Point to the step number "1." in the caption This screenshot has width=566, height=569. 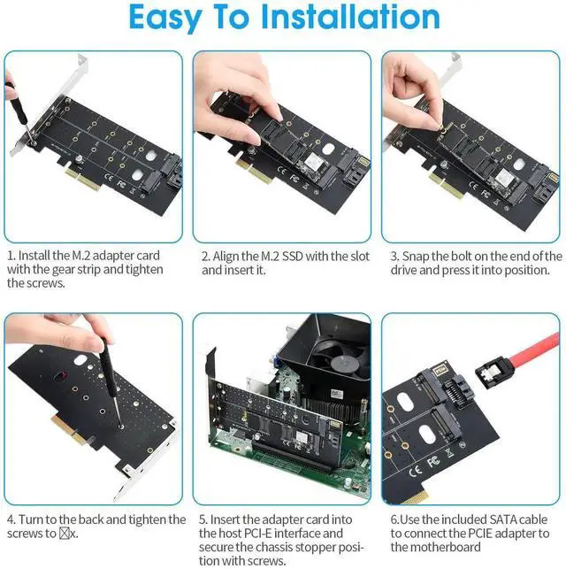click(x=11, y=256)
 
